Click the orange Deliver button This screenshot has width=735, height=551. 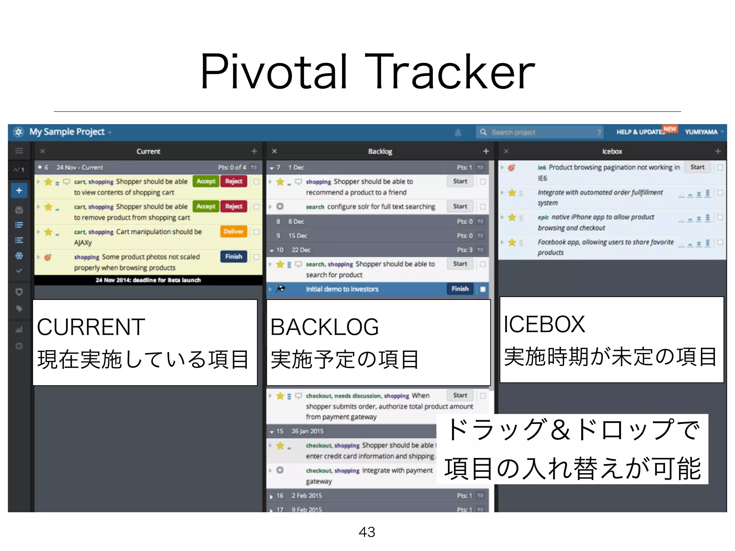coord(233,231)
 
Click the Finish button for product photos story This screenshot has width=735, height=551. coord(233,256)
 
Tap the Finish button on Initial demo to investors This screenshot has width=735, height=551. coord(460,289)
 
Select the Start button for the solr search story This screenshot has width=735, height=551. coord(460,207)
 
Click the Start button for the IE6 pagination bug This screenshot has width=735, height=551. coord(697,167)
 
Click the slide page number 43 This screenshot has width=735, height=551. coord(367,532)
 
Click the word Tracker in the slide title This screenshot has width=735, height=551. coord(449,72)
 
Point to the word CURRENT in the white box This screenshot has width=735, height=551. coord(91,327)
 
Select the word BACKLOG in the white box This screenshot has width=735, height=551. coord(324,327)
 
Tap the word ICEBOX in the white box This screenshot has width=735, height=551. coord(544,324)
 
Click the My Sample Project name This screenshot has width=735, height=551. coord(67,132)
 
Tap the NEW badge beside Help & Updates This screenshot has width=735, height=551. coord(670,129)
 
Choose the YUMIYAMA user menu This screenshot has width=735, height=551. coord(702,132)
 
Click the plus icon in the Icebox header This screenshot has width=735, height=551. coord(718,151)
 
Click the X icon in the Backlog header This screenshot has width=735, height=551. coord(275,151)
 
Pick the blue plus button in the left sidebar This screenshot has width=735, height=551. coord(19,190)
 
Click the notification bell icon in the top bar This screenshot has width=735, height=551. coord(458,133)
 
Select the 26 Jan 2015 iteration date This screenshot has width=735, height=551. coord(307,431)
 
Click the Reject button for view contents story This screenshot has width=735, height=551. coord(234,182)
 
